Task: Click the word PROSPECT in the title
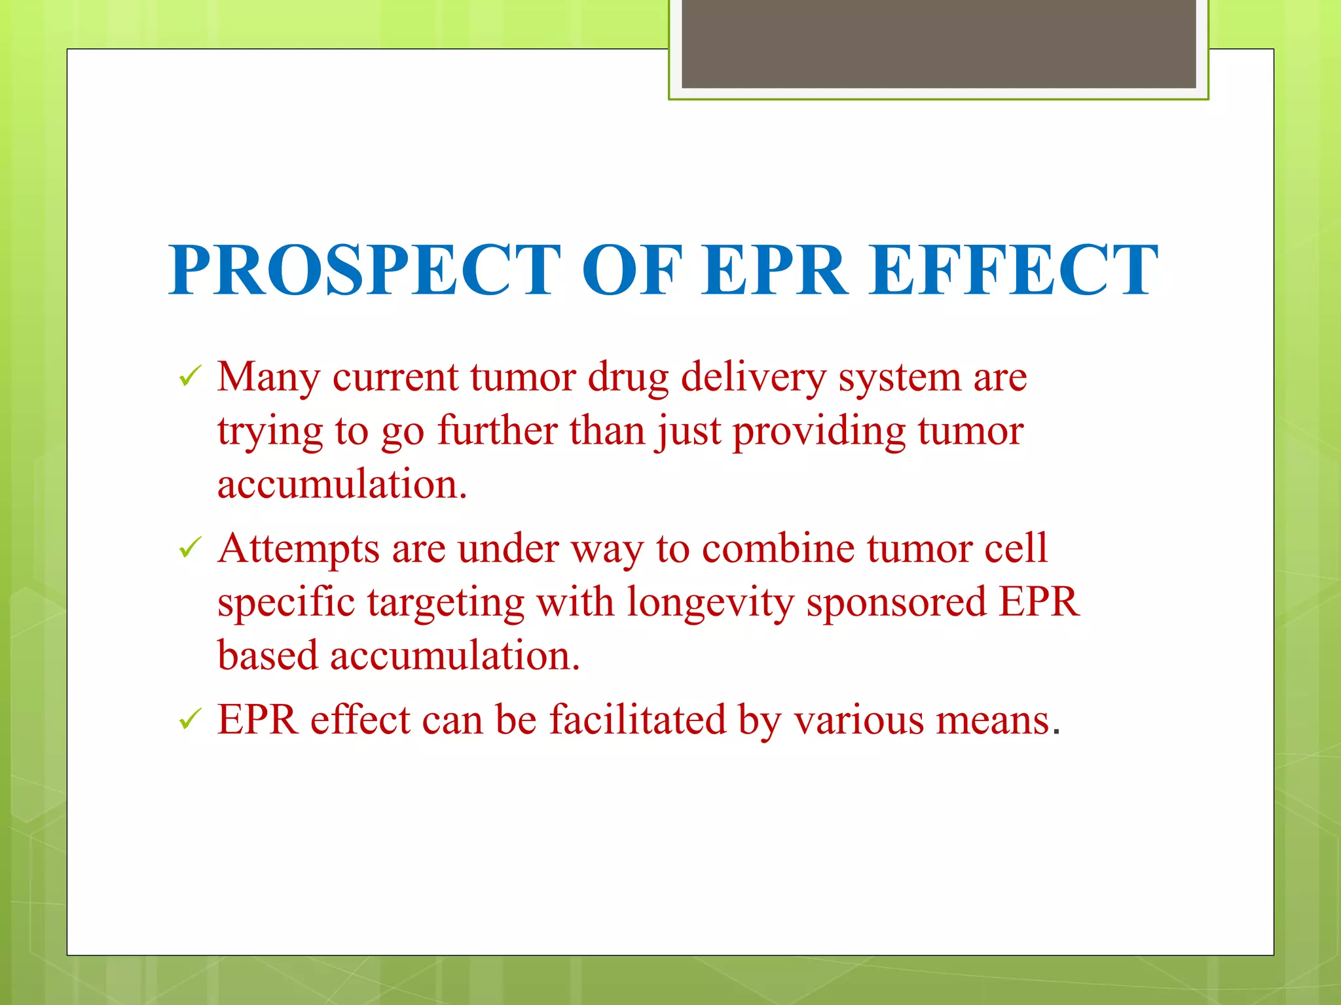[x=364, y=270]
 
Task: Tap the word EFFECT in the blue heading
[x=1014, y=270]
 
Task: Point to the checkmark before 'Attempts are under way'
[x=189, y=548]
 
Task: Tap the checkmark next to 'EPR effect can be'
[x=189, y=719]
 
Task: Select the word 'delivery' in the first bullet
[x=753, y=378]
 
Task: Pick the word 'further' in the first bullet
[x=497, y=431]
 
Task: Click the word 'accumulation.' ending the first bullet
[x=342, y=485]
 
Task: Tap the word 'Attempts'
[x=299, y=548]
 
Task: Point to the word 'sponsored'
[x=896, y=602]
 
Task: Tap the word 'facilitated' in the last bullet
[x=637, y=720]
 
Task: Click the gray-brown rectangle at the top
[x=938, y=43]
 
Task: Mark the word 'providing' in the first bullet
[x=818, y=432]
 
